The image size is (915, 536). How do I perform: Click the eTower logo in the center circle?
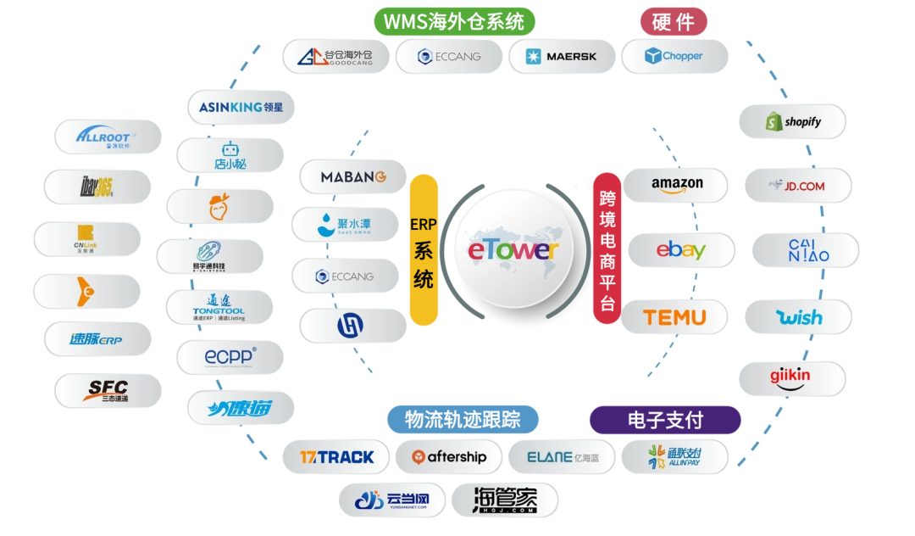tap(513, 249)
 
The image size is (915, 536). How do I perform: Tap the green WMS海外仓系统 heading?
tap(454, 21)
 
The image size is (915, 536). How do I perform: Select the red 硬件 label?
tap(674, 21)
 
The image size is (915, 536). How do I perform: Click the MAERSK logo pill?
tap(561, 57)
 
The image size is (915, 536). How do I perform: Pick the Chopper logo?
tap(674, 57)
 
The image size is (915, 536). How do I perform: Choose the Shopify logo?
tap(793, 121)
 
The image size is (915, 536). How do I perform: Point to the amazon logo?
tap(676, 185)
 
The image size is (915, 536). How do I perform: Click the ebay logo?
tap(679, 251)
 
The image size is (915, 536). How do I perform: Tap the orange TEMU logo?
tap(674, 317)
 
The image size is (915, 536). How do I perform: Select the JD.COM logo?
tap(798, 186)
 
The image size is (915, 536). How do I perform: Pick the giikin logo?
tap(791, 378)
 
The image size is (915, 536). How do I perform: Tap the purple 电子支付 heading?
tap(665, 419)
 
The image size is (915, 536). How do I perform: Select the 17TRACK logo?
tap(336, 457)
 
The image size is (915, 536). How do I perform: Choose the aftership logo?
tap(449, 457)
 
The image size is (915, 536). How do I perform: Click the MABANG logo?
tap(352, 177)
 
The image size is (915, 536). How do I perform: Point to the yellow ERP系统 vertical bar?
tap(424, 250)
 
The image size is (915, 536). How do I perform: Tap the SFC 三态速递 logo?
tap(108, 391)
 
